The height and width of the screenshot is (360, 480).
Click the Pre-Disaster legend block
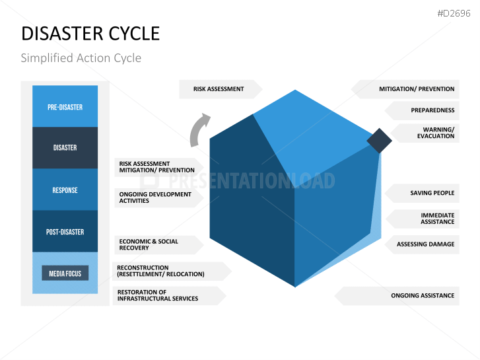[x=65, y=106]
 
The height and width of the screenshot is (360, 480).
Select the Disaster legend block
[x=65, y=147]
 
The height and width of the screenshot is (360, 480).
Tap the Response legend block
[x=65, y=190]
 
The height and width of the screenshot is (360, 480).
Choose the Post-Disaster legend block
[x=65, y=232]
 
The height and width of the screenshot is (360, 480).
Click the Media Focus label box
[x=65, y=273]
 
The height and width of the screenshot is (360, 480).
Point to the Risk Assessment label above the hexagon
[x=219, y=89]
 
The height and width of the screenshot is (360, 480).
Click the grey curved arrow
[x=199, y=129]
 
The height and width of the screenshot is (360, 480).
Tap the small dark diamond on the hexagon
[x=379, y=140]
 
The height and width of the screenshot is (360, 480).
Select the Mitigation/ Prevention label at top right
[x=416, y=89]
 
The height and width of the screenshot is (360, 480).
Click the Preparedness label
[x=432, y=110]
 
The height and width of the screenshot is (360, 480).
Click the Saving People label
[x=432, y=193]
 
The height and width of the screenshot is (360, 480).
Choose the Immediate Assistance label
[x=437, y=219]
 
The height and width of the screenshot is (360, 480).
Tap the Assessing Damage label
[x=425, y=244]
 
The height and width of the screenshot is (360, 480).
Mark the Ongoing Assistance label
[x=423, y=296]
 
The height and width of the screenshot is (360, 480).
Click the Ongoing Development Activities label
[x=155, y=198]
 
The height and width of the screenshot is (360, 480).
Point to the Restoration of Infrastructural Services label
[x=157, y=295]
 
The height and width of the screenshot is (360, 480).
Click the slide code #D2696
[x=454, y=14]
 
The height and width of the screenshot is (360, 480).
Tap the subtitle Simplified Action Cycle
[x=81, y=58]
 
